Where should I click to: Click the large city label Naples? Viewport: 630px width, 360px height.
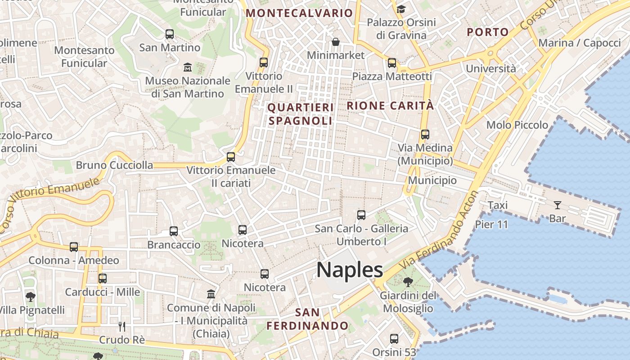[350, 270]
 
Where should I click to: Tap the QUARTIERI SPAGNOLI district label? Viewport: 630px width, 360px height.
[301, 114]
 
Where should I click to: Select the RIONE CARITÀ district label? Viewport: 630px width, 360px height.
[390, 106]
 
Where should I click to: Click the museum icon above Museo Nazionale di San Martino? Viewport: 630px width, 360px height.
[188, 67]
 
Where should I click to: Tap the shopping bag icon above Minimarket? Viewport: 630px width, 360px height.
[336, 42]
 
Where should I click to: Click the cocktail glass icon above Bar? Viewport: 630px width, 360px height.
[558, 205]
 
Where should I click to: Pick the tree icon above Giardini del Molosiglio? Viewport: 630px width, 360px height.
[408, 282]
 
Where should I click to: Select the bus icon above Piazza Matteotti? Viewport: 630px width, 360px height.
[392, 63]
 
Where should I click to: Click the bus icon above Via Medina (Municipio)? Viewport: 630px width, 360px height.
[425, 134]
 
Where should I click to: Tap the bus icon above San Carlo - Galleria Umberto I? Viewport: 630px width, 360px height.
[361, 215]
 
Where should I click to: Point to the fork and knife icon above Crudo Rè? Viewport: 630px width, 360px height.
[122, 326]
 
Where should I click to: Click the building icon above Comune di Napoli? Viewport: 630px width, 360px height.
[211, 294]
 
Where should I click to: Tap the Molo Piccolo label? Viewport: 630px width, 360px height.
[517, 125]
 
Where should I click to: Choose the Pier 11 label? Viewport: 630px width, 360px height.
[491, 224]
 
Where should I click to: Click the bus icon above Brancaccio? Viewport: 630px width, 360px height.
[174, 231]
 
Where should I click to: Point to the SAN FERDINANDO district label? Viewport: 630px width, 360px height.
[308, 319]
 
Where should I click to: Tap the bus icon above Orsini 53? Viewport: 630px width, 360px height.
[394, 338]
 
